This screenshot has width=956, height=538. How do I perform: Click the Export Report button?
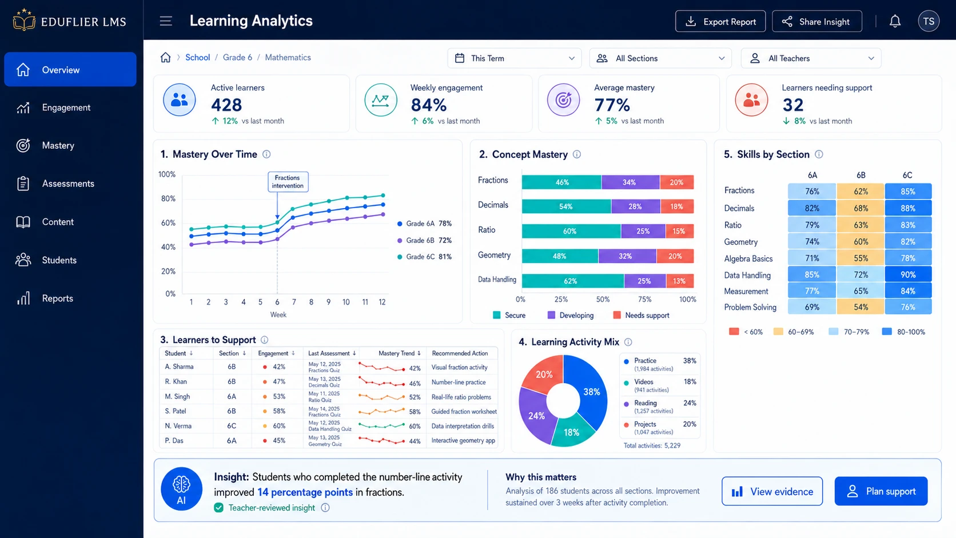(720, 21)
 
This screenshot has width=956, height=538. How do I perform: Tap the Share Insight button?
(816, 21)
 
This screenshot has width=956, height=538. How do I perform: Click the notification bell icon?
(895, 21)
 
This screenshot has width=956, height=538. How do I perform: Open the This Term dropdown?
(514, 58)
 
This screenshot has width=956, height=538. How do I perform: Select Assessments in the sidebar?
(68, 184)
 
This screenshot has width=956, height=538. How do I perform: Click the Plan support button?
(881, 491)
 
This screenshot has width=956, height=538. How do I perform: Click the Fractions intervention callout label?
(288, 182)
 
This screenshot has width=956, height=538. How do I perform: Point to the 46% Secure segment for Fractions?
(561, 182)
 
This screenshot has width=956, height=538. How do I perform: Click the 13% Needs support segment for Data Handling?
(679, 281)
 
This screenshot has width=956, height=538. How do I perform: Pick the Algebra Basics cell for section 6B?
(861, 258)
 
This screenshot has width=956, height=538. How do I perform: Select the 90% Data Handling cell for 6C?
(908, 275)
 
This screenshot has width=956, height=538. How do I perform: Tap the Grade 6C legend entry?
(424, 257)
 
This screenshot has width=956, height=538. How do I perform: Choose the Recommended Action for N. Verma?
(462, 426)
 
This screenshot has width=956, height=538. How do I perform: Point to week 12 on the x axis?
(382, 302)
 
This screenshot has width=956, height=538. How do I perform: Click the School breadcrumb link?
(197, 58)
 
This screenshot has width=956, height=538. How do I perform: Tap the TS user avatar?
(929, 21)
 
